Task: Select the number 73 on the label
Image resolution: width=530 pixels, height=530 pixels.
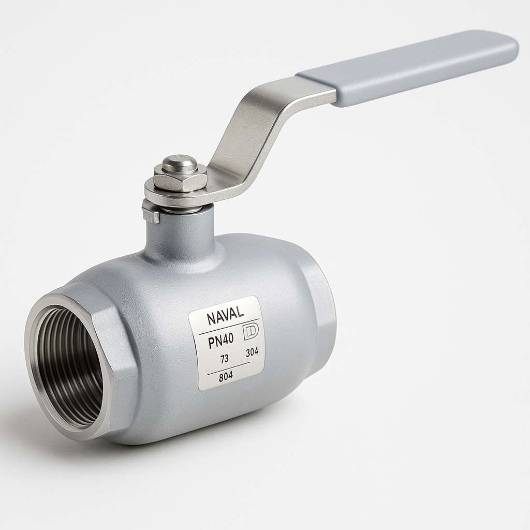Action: tap(224, 359)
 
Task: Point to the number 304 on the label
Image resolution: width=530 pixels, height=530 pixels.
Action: tap(252, 352)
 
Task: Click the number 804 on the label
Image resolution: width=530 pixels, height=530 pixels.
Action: tap(226, 377)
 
